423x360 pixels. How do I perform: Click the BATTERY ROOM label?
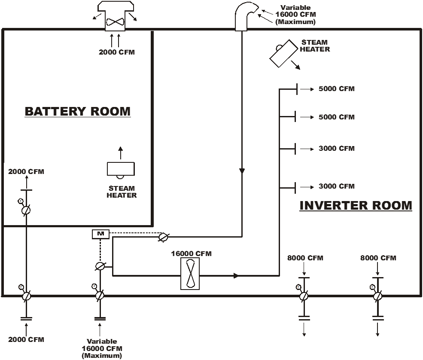click(78, 111)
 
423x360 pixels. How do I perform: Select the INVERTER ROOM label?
click(356, 205)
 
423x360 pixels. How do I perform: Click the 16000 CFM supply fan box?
click(190, 274)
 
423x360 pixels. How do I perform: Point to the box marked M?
click(101, 234)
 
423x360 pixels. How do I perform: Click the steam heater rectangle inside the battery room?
click(121, 169)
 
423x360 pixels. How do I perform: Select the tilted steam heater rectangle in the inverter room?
click(284, 54)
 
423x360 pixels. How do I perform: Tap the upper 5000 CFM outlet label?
click(337, 89)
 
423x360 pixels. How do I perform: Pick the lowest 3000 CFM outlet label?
click(337, 186)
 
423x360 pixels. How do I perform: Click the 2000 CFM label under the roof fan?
click(117, 52)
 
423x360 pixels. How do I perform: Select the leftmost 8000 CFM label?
click(305, 258)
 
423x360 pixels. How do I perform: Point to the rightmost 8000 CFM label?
click(378, 258)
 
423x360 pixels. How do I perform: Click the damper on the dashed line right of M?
click(163, 237)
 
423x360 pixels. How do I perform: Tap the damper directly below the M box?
click(100, 266)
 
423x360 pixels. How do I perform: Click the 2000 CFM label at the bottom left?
click(26, 339)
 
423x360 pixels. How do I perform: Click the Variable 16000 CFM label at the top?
click(295, 15)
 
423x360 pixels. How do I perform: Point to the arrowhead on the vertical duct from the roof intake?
click(242, 171)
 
